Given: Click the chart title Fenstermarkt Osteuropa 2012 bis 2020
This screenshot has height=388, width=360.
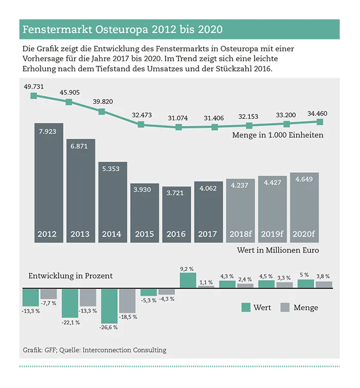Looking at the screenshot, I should (x=122, y=29).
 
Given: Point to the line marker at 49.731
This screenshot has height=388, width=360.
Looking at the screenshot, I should (x=34, y=96).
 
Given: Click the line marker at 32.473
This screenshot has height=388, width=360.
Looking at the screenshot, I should (x=140, y=124).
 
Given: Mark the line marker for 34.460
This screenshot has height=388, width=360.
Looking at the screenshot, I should (x=320, y=122).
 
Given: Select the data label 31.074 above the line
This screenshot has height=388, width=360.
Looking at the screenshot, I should (x=178, y=118).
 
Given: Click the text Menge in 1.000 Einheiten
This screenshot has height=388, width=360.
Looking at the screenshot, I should (x=278, y=136).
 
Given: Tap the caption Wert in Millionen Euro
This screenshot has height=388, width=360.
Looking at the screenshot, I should (x=278, y=250).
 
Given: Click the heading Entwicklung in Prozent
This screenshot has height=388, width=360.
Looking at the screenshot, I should (x=70, y=276).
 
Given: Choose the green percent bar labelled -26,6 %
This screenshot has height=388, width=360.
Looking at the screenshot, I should (x=109, y=305).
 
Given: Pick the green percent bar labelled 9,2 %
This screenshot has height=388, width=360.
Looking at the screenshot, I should (x=188, y=280).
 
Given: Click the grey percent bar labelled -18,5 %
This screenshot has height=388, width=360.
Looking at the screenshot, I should (x=127, y=301).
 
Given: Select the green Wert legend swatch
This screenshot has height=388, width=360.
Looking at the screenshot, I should (x=246, y=307).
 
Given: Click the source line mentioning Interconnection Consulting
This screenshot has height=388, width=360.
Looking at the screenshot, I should (x=95, y=350).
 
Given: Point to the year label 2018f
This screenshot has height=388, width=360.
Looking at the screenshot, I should (x=240, y=234).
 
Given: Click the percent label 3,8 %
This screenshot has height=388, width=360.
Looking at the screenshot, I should (x=323, y=276).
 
